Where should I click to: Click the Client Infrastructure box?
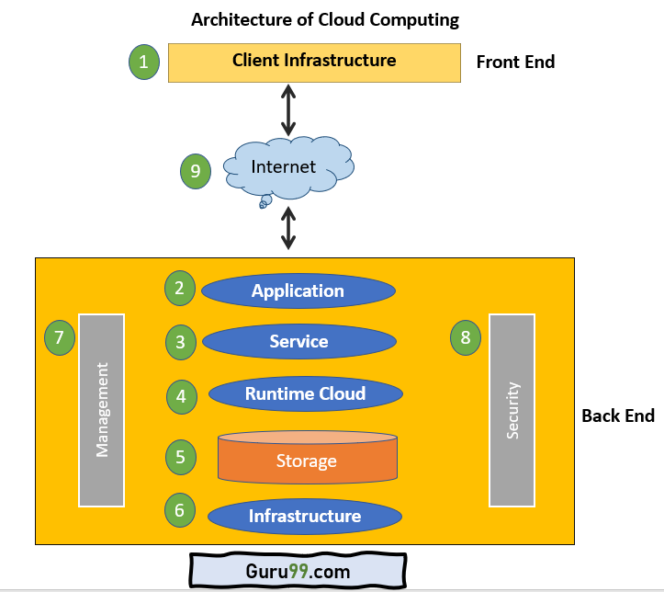point(314,62)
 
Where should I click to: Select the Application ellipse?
point(298,291)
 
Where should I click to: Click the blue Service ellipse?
point(298,341)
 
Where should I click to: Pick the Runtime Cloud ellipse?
point(305,393)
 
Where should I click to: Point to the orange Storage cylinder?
point(307,458)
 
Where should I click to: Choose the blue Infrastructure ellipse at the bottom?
point(304,516)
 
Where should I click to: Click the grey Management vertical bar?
point(101,410)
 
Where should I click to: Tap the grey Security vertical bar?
point(512,410)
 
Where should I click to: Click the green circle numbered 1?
point(143,63)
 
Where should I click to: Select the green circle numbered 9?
point(195,171)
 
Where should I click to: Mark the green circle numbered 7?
point(60,337)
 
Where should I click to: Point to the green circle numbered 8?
point(466,337)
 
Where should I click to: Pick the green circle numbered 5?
point(181,456)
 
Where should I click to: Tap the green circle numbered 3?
point(181,343)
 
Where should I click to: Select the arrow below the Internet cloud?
point(288,229)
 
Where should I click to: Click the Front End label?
point(515,63)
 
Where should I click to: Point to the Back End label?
point(618,416)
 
